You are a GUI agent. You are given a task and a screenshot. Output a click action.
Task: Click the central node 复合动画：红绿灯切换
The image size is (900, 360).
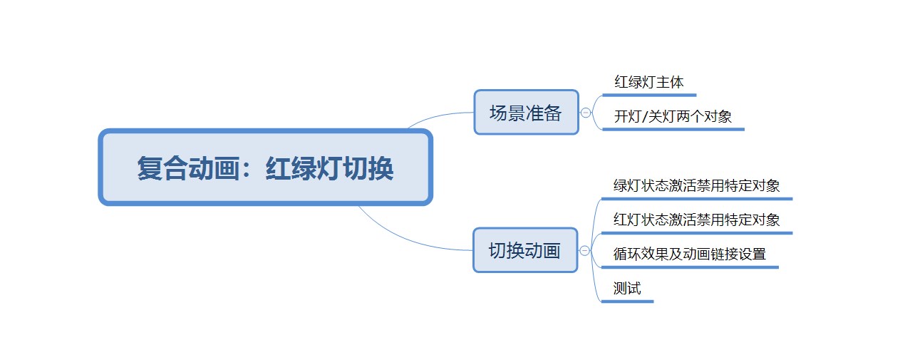266,167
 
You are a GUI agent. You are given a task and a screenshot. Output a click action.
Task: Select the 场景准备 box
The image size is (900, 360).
527,112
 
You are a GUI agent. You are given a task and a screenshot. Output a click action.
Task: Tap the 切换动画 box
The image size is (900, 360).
526,250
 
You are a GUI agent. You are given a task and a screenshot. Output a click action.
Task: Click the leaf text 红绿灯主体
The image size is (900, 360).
649,82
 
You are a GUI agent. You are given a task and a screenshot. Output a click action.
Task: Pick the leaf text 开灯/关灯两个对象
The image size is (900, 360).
673,116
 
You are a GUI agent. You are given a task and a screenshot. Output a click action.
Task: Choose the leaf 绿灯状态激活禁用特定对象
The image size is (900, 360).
696,185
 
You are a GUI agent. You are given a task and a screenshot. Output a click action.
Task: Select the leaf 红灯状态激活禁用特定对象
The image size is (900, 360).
696,220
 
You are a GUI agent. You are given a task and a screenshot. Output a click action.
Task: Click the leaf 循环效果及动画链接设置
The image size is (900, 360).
690,254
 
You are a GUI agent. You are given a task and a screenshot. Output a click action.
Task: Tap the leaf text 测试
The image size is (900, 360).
627,288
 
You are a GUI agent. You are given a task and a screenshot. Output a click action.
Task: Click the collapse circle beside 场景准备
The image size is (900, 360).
586,113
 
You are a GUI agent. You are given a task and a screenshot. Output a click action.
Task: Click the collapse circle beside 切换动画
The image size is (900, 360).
585,251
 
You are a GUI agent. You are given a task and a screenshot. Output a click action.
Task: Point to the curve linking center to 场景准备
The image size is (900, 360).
438,117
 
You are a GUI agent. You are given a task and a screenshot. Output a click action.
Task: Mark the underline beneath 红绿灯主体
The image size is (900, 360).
649,96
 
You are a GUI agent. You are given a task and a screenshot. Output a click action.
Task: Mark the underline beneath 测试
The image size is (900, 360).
628,302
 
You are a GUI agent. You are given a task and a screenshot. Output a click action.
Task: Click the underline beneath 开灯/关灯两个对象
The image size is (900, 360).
673,129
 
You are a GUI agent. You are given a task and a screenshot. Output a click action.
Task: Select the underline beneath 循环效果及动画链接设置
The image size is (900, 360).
690,267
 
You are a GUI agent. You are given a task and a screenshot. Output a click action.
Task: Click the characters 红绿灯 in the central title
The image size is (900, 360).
304,168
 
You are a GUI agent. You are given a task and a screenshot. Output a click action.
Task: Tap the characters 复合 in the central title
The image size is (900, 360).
162,168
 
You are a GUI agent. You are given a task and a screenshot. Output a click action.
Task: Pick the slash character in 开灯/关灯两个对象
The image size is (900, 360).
644,116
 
